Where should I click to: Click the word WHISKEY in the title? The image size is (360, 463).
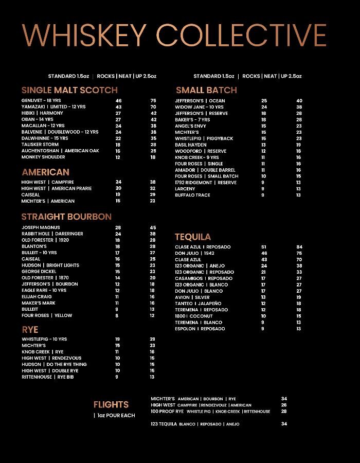[x=85, y=35]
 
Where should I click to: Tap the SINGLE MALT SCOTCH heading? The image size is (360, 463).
[x=69, y=90]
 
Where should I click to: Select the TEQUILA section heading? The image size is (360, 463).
[x=193, y=237]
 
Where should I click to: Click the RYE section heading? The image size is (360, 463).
[x=30, y=329]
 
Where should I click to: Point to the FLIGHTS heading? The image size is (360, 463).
[x=111, y=405]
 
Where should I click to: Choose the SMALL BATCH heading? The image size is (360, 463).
[x=206, y=90]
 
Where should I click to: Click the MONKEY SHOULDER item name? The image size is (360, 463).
[x=43, y=157]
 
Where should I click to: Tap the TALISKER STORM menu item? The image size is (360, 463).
[x=40, y=145]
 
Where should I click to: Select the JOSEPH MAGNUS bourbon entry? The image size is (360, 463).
[x=41, y=227]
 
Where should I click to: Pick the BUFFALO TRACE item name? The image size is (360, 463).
[x=192, y=195]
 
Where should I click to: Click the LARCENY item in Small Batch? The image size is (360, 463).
[x=185, y=189]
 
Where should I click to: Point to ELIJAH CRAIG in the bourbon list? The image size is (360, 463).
[x=37, y=296]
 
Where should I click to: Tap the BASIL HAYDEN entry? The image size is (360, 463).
[x=190, y=145]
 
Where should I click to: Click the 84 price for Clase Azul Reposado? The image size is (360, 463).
[x=299, y=247]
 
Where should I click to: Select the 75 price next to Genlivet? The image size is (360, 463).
[x=153, y=101]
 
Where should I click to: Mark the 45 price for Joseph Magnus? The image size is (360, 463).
[x=153, y=227]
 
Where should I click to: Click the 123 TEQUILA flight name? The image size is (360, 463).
[x=164, y=424]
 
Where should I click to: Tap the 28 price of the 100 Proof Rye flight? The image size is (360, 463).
[x=284, y=411]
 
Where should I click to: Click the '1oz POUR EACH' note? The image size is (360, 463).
[x=115, y=415]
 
